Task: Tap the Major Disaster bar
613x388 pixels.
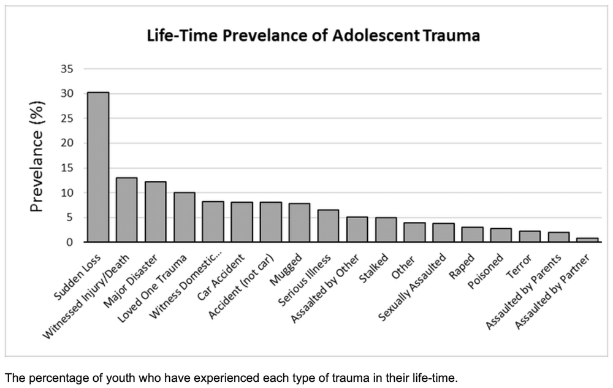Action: [x=156, y=211]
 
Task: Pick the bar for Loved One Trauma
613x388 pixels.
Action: [x=185, y=217]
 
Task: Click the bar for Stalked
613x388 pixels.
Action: [x=386, y=229]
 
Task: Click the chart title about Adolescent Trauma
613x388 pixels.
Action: [x=313, y=36]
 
